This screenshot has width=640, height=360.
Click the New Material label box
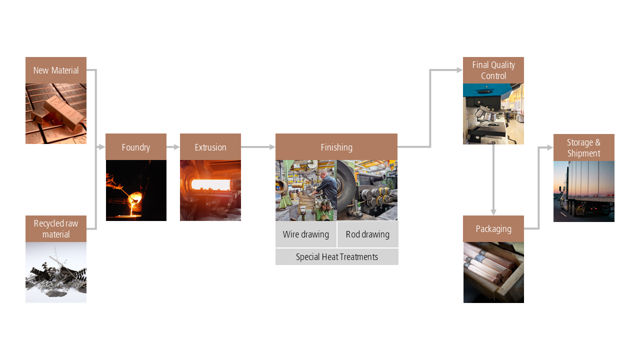(56, 70)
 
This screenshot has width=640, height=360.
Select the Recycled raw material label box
(56, 229)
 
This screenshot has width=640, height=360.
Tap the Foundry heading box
(136, 147)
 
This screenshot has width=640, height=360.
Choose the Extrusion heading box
(210, 147)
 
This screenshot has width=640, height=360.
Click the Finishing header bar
(336, 147)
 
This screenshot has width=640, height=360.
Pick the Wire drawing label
(306, 234)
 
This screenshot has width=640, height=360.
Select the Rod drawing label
(367, 234)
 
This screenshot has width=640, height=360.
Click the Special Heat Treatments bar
(337, 256)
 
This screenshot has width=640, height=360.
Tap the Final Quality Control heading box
(493, 70)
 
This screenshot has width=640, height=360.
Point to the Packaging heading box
(493, 229)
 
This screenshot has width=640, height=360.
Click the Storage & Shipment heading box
(583, 147)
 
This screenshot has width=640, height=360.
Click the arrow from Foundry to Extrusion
(173, 147)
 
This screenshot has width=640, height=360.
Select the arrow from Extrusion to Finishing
(258, 147)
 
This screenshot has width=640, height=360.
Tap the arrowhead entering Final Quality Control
(459, 70)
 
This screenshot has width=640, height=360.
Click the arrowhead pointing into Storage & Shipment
(550, 147)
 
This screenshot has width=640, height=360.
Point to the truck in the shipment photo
(585, 190)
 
